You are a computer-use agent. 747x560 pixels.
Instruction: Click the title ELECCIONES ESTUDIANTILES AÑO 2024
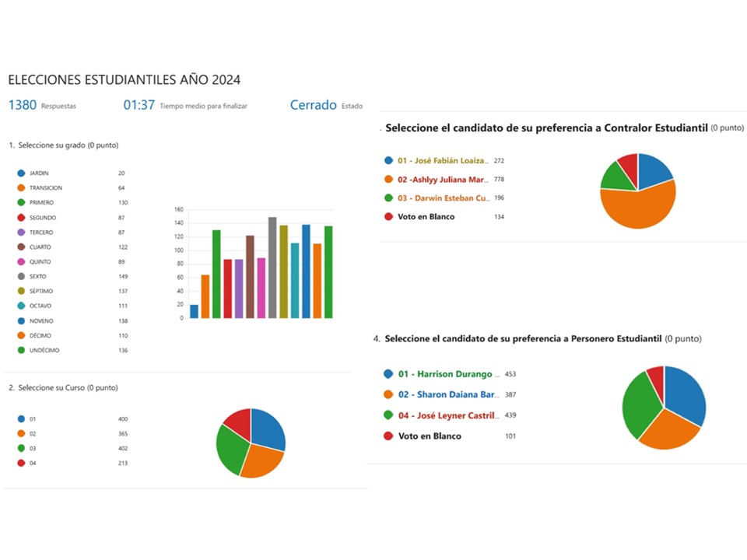[x=124, y=79]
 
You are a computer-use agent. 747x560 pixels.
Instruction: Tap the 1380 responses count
[x=23, y=105]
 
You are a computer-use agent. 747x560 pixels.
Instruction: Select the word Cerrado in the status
[x=313, y=105]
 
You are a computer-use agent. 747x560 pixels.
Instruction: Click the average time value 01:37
[x=139, y=105]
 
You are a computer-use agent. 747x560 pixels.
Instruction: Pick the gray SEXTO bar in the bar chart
[x=272, y=268]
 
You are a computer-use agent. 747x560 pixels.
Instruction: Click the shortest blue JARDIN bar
[x=194, y=311]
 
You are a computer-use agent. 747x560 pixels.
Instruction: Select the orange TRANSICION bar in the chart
[x=205, y=296]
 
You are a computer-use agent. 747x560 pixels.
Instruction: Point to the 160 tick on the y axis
[x=178, y=210]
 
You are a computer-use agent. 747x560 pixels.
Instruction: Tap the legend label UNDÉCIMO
[x=45, y=350]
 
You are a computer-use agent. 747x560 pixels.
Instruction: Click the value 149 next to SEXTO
[x=123, y=276]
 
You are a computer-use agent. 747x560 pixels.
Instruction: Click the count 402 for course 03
[x=123, y=449]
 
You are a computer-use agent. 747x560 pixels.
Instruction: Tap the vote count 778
[x=500, y=179]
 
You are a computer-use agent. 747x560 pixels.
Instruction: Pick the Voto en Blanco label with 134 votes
[x=426, y=216]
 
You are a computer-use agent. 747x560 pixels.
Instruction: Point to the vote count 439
[x=510, y=416]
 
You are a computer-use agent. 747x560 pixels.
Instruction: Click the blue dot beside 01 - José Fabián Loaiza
[x=388, y=160]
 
